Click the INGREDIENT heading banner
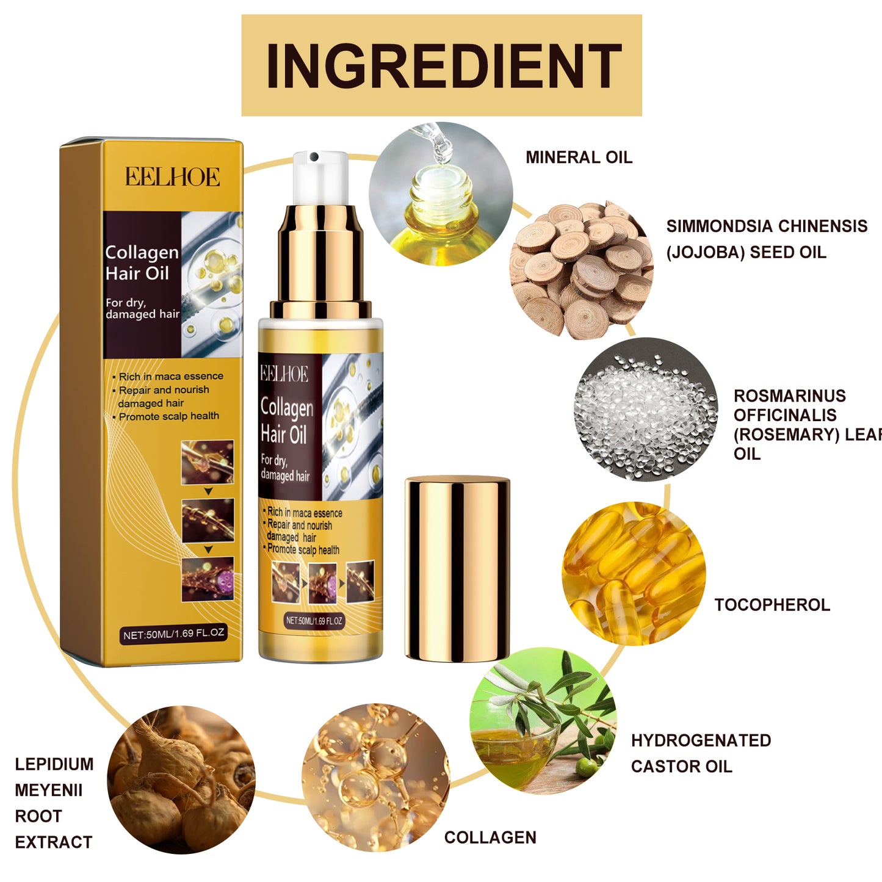click(441, 65)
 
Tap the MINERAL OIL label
click(579, 157)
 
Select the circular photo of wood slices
click(580, 269)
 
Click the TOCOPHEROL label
click(772, 605)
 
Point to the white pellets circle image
click(646, 410)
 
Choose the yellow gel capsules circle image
click(633, 573)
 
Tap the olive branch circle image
click(543, 720)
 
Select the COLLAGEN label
click(490, 837)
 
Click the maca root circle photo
click(181, 779)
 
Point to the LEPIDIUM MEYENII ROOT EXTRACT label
click(54, 803)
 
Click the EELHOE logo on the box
click(173, 177)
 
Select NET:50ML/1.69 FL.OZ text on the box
click(174, 634)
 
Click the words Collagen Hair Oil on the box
click(142, 262)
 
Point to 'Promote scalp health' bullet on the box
click(168, 416)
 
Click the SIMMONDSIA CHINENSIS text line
click(766, 226)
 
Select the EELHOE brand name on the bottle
click(284, 374)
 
